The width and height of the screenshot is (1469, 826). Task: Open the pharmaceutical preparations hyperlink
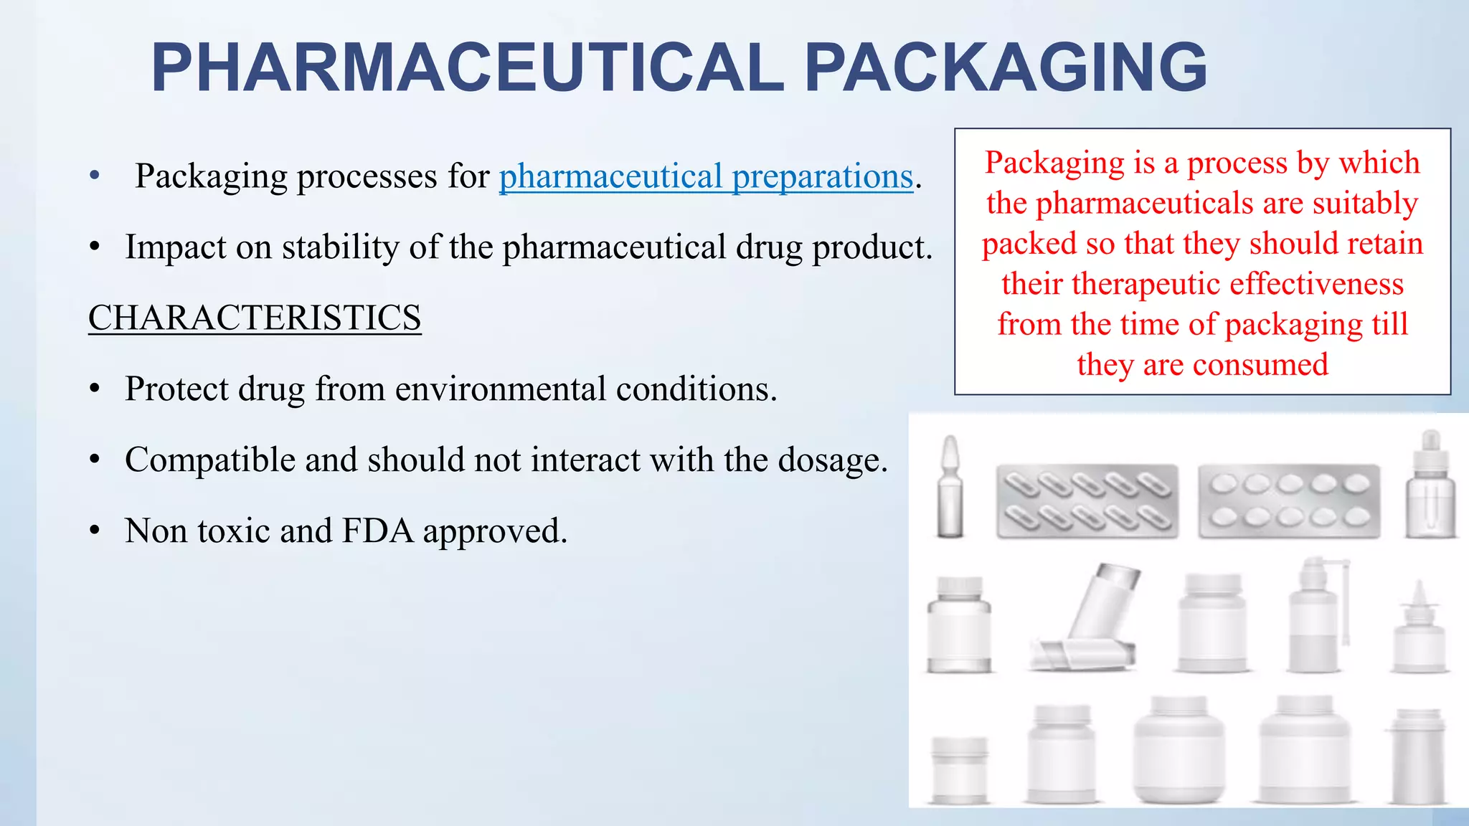click(x=706, y=176)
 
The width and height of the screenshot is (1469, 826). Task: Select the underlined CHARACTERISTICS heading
click(x=255, y=318)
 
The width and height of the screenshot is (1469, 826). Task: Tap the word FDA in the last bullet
click(x=378, y=531)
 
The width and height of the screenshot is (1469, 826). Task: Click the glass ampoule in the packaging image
click(x=950, y=488)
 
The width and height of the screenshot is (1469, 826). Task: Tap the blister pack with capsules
click(x=1087, y=501)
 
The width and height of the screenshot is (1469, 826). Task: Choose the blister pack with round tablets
click(x=1289, y=501)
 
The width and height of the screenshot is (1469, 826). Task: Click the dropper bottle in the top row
click(x=1430, y=488)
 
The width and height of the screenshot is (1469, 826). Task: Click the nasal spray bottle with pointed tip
click(x=1419, y=631)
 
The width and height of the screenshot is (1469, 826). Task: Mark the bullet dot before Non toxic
click(x=95, y=531)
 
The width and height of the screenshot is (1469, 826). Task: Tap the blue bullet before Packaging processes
click(x=95, y=176)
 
